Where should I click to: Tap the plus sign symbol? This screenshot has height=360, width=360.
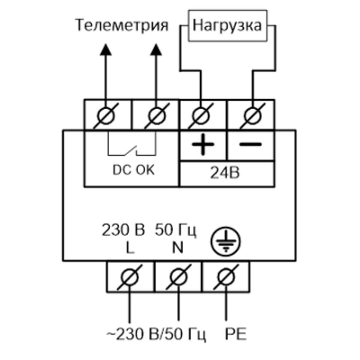coord(203,145)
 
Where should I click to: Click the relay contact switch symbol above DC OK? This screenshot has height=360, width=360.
coord(131,149)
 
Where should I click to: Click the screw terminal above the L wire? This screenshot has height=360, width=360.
coord(130,277)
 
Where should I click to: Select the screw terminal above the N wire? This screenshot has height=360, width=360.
coord(178,277)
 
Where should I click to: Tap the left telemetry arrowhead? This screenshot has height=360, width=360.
coord(106,49)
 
